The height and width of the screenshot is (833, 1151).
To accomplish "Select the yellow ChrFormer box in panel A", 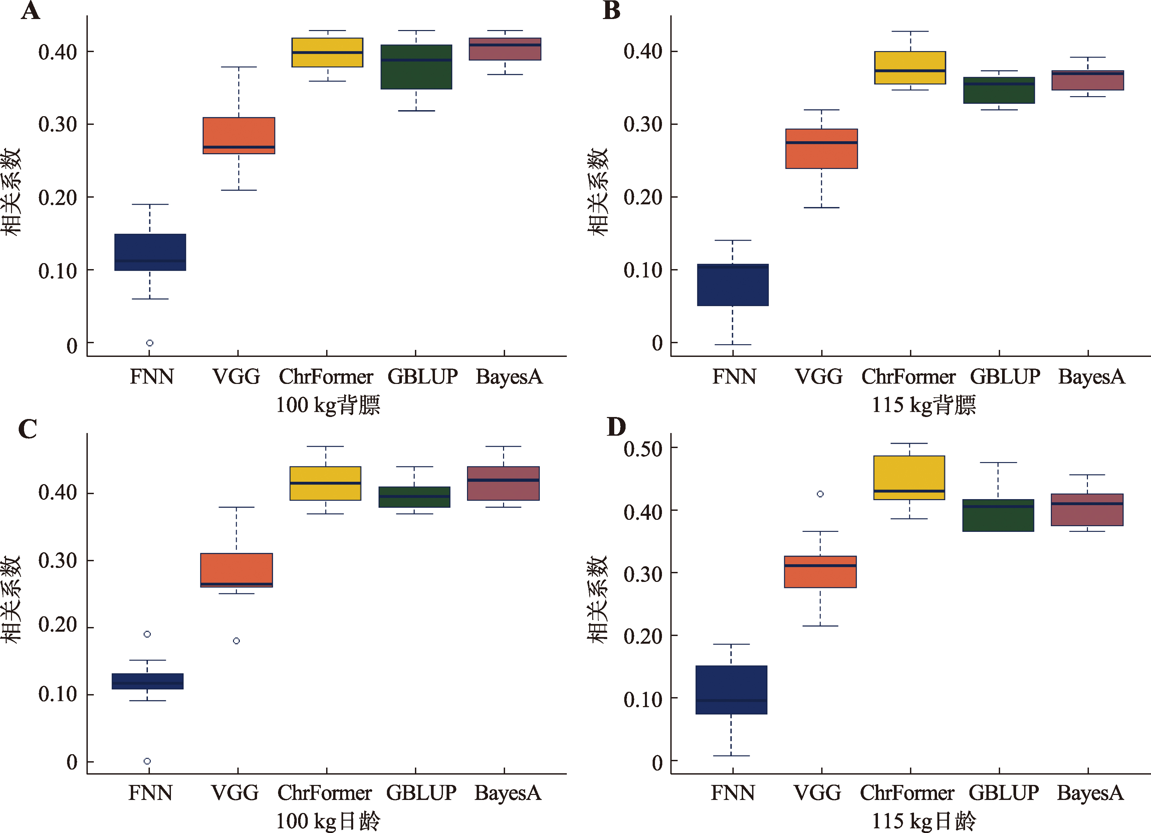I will coord(327,52).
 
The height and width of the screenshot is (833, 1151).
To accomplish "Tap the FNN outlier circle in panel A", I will coord(150,343).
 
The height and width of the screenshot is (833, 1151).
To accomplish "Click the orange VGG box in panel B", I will coord(821,148).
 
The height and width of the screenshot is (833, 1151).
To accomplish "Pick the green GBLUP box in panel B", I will coord(999,90).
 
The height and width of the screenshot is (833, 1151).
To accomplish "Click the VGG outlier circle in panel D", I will coord(820,494).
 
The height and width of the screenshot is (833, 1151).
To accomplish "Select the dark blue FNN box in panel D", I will coord(731,690).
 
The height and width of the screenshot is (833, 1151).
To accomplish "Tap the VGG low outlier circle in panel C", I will coord(236,641).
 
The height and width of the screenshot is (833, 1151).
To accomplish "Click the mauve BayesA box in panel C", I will coord(503,483).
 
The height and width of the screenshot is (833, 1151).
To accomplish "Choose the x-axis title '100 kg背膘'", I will coord(328,405).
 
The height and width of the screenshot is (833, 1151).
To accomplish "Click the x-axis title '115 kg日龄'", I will coord(924,821).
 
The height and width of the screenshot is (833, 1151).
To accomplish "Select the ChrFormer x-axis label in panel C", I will coord(325,793).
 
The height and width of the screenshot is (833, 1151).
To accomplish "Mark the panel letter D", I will coord(616,427).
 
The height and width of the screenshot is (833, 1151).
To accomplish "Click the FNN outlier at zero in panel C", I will coord(147,761).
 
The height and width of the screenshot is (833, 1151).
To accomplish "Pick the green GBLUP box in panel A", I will coord(416,67).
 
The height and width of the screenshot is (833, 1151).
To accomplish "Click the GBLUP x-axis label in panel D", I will coord(1003,793).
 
